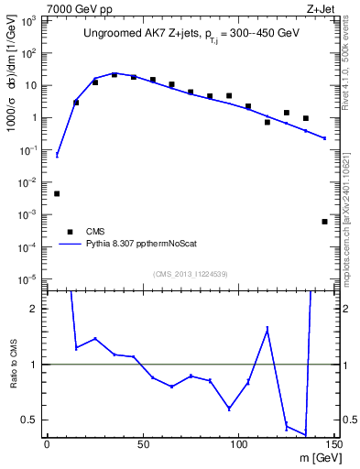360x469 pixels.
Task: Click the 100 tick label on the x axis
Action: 238,445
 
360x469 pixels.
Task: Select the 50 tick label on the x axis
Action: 143,445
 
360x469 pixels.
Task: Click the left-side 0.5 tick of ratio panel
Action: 35,420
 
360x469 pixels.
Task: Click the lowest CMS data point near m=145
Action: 324,222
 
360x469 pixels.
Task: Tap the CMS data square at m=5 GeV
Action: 57,193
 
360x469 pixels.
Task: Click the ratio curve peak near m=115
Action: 267,328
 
